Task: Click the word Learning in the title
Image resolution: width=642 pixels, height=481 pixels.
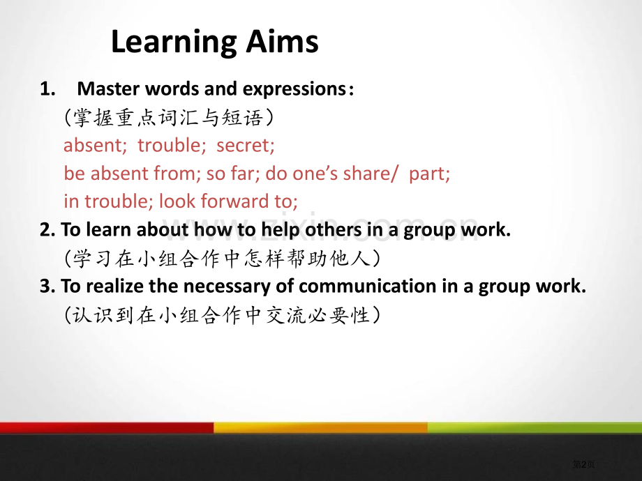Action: pos(174,42)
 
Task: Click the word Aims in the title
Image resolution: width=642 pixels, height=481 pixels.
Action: pos(282,41)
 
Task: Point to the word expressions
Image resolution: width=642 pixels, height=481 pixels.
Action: pos(294,89)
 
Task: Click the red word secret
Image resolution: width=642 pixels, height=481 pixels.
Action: pos(245,145)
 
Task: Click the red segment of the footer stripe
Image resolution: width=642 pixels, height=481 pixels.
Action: pos(107,427)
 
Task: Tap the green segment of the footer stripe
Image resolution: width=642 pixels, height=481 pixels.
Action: pos(535,427)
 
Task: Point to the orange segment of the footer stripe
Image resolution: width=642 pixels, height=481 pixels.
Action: pos(320,427)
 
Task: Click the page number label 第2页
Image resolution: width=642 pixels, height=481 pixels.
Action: pos(583,464)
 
